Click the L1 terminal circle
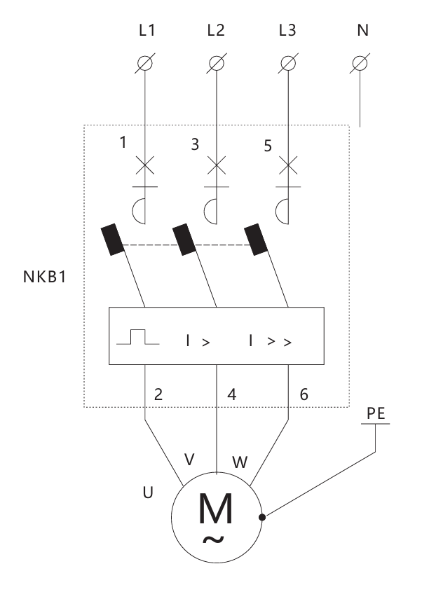[x=145, y=63]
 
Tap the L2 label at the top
[x=216, y=30]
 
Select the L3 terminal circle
[x=288, y=63]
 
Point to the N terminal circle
[x=360, y=63]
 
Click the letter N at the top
[x=362, y=30]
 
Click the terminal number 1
[x=123, y=142]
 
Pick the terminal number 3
[x=194, y=144]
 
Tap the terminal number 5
[x=268, y=146]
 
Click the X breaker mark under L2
[x=217, y=165]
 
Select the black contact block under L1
[x=112, y=240]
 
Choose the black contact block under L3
[x=256, y=240]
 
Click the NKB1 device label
[x=45, y=277]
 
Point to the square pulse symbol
[x=138, y=337]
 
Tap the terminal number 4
[x=232, y=394]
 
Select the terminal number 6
[x=304, y=394]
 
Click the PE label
[x=376, y=413]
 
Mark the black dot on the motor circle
[x=262, y=517]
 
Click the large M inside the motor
[x=215, y=508]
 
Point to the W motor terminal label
[x=240, y=462]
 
